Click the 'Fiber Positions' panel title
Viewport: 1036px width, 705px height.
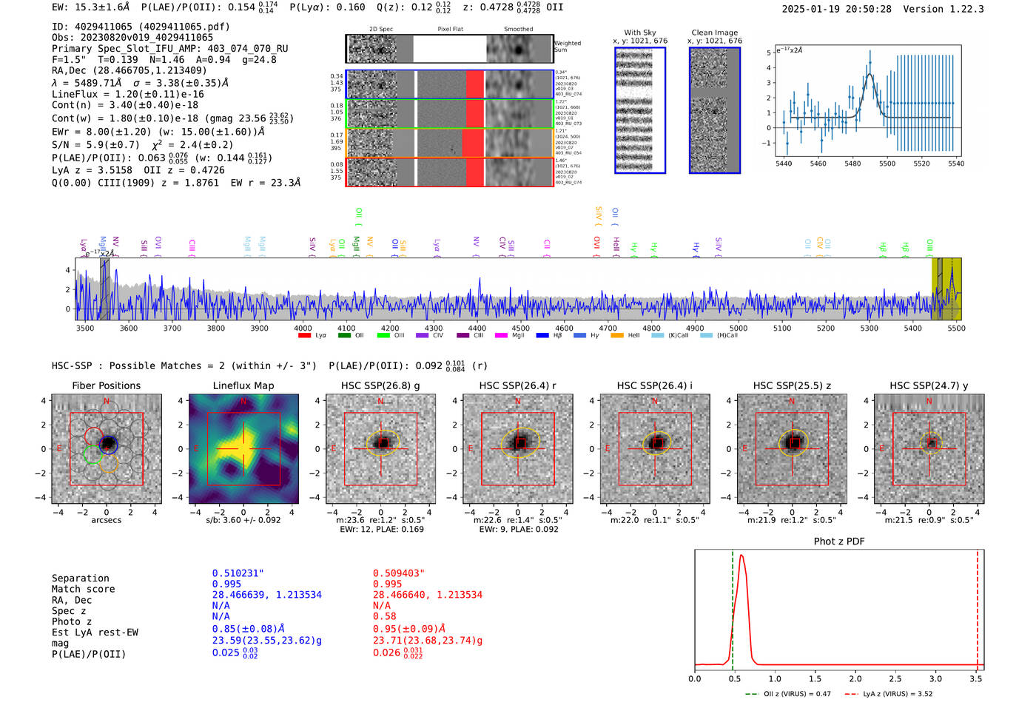(106, 385)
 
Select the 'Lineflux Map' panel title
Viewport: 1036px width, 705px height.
(243, 385)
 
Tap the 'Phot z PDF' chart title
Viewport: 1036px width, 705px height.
(839, 542)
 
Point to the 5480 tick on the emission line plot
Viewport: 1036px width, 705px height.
(852, 163)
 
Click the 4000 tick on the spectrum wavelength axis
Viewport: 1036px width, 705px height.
(303, 328)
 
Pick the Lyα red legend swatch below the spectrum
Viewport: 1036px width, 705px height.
(304, 336)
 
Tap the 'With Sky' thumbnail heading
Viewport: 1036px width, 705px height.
(640, 33)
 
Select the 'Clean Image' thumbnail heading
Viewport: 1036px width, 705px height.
(715, 33)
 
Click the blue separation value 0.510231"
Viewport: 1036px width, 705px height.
(238, 573)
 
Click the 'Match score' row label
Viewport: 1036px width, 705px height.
(83, 590)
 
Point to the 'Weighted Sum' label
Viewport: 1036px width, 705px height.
(568, 47)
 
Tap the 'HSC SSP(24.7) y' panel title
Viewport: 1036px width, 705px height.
(929, 385)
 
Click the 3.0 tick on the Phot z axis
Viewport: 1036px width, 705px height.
(936, 678)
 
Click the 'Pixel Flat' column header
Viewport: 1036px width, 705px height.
(450, 30)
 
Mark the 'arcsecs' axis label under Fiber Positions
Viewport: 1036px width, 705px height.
(106, 521)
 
